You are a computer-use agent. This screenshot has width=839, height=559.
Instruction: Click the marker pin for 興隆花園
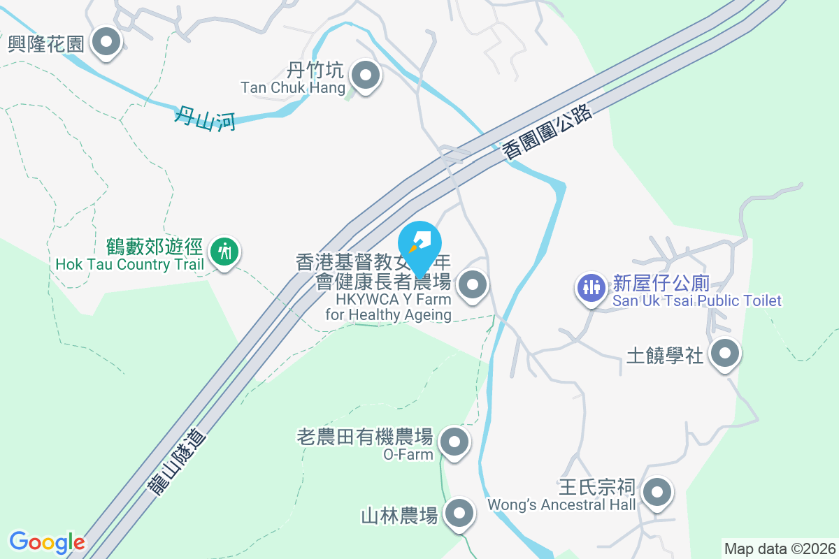(x=106, y=42)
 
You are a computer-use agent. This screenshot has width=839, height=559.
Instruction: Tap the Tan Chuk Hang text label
(x=293, y=88)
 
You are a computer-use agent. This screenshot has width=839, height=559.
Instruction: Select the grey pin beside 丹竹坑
(x=364, y=75)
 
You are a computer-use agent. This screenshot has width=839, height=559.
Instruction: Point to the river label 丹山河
(x=205, y=115)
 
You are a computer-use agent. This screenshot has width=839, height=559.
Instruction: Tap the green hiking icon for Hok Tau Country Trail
(x=224, y=250)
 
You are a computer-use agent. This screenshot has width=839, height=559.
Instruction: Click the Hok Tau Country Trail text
(x=130, y=265)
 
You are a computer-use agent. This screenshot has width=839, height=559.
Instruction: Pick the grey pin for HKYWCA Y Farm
(x=473, y=284)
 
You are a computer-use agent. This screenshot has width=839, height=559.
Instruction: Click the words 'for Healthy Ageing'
(x=388, y=314)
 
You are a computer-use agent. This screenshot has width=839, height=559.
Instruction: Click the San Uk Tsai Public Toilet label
(x=697, y=301)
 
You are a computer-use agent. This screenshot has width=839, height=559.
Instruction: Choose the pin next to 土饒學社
(x=725, y=354)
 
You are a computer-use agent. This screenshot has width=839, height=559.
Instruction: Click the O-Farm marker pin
(x=455, y=442)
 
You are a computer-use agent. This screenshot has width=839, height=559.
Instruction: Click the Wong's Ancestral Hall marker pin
(x=657, y=493)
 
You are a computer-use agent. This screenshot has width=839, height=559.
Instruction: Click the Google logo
(x=47, y=542)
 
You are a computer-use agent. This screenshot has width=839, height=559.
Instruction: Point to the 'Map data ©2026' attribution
(x=780, y=549)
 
